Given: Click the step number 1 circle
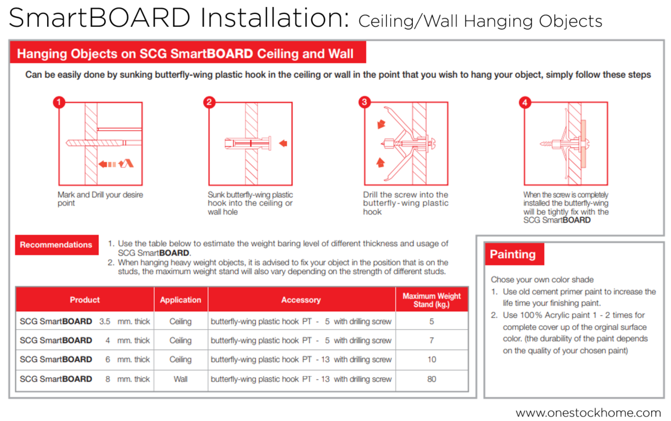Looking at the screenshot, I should tap(58, 103).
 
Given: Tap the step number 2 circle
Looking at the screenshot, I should tap(209, 103).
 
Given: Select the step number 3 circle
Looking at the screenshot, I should tap(365, 103).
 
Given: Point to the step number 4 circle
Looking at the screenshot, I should tap(525, 103).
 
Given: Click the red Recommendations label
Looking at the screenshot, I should tap(56, 244).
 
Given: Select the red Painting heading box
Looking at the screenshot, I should tap(513, 254).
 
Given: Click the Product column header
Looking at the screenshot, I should tap(85, 300).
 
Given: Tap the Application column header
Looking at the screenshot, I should tap(180, 300).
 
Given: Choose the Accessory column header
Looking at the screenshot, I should tap(301, 300).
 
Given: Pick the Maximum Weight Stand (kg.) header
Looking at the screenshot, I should tap(431, 300).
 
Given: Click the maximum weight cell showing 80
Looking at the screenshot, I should tap(431, 379).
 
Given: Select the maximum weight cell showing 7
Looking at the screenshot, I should tap(431, 340).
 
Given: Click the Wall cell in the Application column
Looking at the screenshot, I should tap(180, 379).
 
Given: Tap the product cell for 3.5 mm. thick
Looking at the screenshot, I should tap(85, 321).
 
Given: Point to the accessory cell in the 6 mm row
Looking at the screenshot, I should tap(301, 359).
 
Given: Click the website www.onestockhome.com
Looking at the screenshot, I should tap(588, 413).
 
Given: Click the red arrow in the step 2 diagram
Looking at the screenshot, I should tap(284, 143).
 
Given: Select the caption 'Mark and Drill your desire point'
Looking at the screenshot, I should tap(100, 199).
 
